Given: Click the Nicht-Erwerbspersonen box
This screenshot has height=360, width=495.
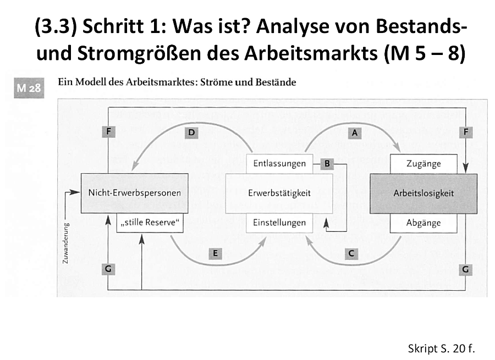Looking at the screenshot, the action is point(135,193).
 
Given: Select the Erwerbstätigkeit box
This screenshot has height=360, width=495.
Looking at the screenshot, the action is point(279,193).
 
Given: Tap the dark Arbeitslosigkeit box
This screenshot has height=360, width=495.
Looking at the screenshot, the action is point(424,193).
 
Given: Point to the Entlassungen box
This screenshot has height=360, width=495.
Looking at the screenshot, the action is point(279,164).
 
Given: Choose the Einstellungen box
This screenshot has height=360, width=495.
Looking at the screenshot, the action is point(279,223).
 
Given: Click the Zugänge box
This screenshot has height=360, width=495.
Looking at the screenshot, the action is point(424,164).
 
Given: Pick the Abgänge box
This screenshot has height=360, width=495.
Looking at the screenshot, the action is point(424,223).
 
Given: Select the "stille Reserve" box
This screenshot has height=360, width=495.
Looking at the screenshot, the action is point(150,223).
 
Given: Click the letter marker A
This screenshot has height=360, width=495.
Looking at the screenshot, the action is point(355,133).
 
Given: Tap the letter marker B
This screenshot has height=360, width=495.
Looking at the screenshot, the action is point(327,163).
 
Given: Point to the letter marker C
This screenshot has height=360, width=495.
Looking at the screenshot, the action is point(351,253).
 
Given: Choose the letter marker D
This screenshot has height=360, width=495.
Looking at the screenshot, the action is point(191,132).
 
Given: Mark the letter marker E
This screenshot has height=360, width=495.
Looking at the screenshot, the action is point(215,253).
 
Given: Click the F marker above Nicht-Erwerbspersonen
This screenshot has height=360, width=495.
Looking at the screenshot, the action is point(108,131).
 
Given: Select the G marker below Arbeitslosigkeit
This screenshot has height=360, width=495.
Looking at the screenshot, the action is point(465,269).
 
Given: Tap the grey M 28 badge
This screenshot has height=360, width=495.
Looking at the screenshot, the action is point(29,88).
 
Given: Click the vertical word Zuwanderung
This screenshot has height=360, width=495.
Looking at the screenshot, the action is point(65,243).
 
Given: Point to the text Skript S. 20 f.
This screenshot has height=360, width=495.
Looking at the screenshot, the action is point(441,348).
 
